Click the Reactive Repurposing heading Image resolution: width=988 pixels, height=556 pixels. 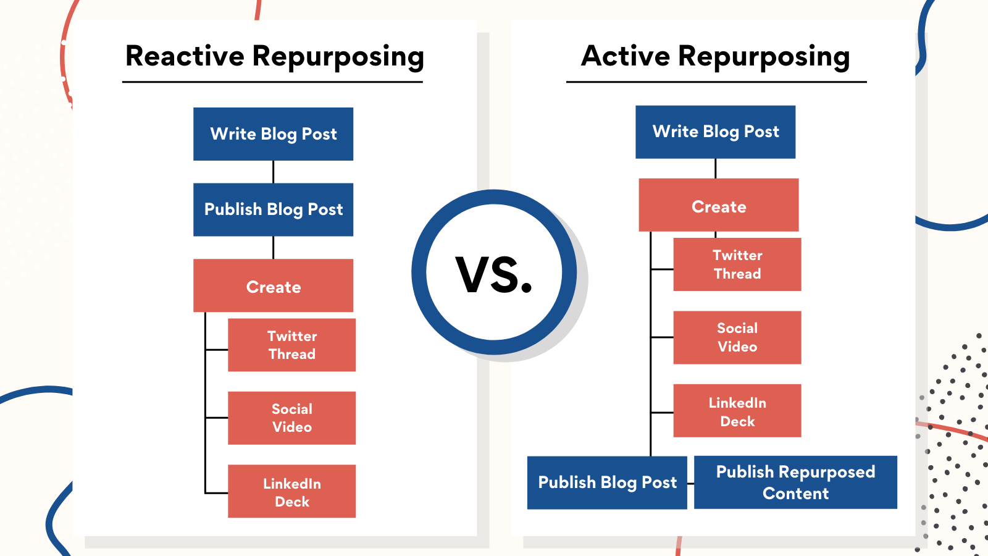point(274,57)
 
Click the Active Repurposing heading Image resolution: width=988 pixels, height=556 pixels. point(716,57)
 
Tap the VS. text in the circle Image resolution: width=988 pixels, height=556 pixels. point(494,274)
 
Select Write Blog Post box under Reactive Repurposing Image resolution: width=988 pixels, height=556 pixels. point(273,134)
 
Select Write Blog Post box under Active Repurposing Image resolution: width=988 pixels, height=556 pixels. point(715,132)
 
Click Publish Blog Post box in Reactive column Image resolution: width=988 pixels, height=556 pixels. point(273,209)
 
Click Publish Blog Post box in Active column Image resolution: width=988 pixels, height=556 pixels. point(607,482)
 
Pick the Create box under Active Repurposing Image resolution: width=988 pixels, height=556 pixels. point(718,206)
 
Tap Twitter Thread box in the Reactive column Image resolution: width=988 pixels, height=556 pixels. point(291,345)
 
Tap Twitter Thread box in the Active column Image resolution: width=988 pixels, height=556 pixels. point(737,264)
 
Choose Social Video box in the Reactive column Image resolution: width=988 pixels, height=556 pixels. point(291,418)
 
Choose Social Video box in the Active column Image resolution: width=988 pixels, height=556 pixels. point(737,337)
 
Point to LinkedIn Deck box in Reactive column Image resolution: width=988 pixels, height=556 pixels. point(291,492)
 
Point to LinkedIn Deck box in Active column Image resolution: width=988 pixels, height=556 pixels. point(737,411)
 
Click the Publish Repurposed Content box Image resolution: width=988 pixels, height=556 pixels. point(795,482)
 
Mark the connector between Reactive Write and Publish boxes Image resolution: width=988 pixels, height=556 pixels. point(273,172)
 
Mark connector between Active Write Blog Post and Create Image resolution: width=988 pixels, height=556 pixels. point(715,169)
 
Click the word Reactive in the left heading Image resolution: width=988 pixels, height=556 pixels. point(185,56)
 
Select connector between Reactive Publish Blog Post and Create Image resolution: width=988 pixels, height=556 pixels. point(273,248)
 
